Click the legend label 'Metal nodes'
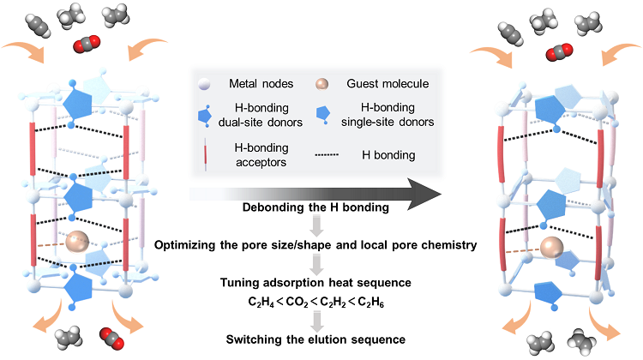(259, 83)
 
